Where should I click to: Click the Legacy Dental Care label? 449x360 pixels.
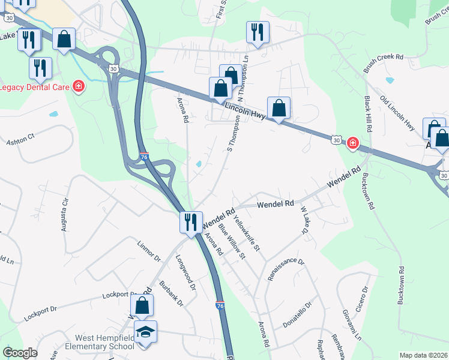point(34,87)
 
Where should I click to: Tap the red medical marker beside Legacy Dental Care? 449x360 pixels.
point(78,87)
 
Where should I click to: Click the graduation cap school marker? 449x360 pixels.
point(145,331)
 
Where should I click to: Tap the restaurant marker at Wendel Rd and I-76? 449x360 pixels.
point(190,223)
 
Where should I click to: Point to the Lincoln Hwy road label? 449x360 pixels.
point(246,113)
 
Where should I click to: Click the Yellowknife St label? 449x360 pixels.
point(247,233)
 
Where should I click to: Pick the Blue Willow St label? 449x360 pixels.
point(232,242)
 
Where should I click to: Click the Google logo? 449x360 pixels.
point(20,353)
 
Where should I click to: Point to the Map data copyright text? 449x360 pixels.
point(423,355)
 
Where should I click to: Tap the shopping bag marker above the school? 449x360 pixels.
point(142,306)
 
